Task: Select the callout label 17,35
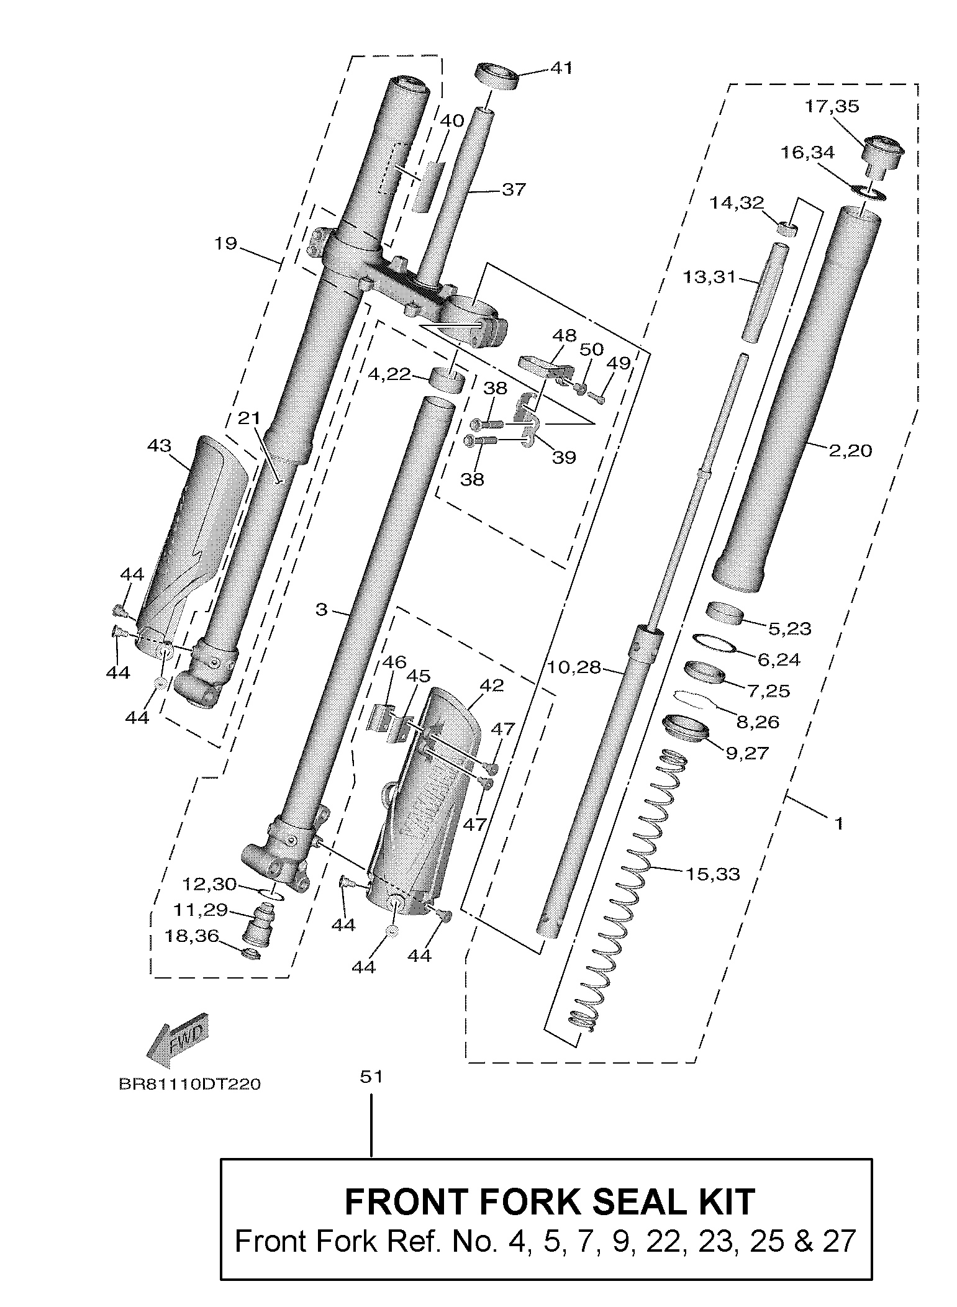pyautogui.click(x=832, y=106)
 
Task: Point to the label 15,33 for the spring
pyautogui.click(x=712, y=874)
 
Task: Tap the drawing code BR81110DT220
pyautogui.click(x=189, y=1084)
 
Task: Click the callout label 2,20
pyautogui.click(x=850, y=450)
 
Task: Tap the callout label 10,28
pyautogui.click(x=574, y=667)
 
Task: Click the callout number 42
pyautogui.click(x=491, y=685)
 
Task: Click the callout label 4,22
pyautogui.click(x=389, y=374)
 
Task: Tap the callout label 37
pyautogui.click(x=513, y=189)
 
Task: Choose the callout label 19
pyautogui.click(x=225, y=243)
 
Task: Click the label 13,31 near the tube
pyautogui.click(x=709, y=276)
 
